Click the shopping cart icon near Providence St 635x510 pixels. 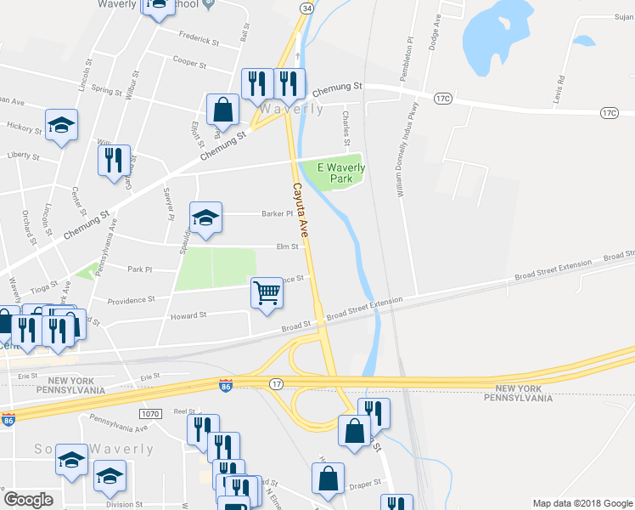pyautogui.click(x=267, y=292)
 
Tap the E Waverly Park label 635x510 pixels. pyautogui.click(x=341, y=173)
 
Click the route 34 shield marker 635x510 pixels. pyautogui.click(x=306, y=8)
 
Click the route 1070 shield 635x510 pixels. pyautogui.click(x=150, y=413)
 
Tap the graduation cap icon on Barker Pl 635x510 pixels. pyautogui.click(x=205, y=218)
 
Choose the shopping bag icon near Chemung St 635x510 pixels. pyautogui.click(x=222, y=110)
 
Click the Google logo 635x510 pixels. pyautogui.click(x=28, y=500)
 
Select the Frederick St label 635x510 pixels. pyautogui.click(x=199, y=37)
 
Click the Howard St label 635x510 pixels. pyautogui.click(x=190, y=315)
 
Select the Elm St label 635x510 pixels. pyautogui.click(x=288, y=247)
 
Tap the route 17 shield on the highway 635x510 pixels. pyautogui.click(x=276, y=385)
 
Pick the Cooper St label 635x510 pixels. pyautogui.click(x=190, y=62)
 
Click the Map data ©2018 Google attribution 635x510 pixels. pyautogui.click(x=582, y=503)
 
